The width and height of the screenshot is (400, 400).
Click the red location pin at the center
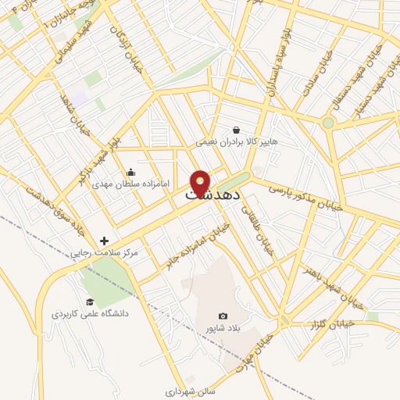200,183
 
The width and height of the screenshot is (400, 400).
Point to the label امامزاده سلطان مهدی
130,185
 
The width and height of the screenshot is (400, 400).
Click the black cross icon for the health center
105,241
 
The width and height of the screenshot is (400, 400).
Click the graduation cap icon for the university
90,302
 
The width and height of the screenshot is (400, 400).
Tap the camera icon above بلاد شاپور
223,316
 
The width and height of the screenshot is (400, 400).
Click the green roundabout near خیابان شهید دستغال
328,123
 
